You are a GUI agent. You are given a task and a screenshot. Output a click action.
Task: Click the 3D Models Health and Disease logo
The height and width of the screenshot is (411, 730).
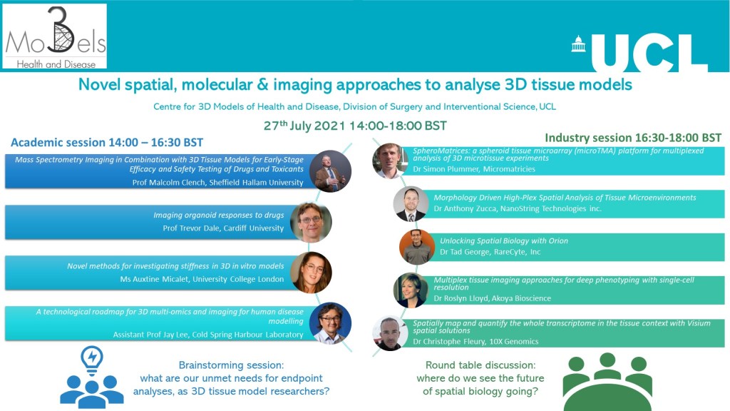tap(54, 36)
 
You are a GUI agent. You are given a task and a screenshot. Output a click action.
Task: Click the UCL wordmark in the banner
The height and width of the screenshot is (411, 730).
tap(649, 53)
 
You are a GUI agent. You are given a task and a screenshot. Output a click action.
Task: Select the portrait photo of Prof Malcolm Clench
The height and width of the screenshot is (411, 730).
tap(331, 171)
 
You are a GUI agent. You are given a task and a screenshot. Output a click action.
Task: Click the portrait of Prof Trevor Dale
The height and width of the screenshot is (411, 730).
tap(311, 223)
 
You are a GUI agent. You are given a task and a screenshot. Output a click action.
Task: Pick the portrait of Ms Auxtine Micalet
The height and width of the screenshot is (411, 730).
tap(311, 273)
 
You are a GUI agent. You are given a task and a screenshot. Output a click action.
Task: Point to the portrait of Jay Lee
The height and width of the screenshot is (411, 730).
tap(331, 323)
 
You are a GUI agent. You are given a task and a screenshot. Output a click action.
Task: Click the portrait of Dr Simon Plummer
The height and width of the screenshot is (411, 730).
tap(390, 161)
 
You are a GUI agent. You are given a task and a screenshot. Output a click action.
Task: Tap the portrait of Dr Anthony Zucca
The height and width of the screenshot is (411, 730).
tap(411, 204)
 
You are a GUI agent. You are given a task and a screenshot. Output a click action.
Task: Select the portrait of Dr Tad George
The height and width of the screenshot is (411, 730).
tap(416, 247)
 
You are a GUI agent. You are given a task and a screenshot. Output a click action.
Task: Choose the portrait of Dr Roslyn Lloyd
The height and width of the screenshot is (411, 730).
tap(411, 290)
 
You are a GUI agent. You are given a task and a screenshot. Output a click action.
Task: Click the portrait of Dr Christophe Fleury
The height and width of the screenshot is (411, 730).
tap(390, 333)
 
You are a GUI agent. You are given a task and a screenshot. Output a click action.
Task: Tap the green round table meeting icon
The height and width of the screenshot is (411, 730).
tap(607, 381)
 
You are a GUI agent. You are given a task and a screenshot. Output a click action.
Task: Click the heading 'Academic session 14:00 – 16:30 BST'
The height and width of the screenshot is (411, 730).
tap(107, 143)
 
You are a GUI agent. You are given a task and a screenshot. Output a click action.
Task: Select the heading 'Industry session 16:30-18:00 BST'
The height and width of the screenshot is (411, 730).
tap(633, 138)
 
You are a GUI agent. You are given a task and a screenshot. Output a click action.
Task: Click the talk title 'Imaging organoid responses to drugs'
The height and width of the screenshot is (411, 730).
tap(219, 215)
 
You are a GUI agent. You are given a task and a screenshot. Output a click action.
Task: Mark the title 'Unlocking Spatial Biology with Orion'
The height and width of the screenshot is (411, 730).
tap(504, 241)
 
